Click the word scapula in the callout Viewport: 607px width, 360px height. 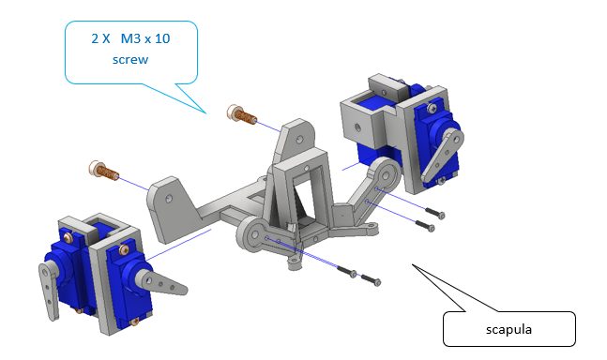(x=508, y=329)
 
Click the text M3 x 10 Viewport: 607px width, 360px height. (x=145, y=38)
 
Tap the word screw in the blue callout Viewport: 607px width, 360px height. (x=130, y=60)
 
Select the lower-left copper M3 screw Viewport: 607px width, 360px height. (x=104, y=171)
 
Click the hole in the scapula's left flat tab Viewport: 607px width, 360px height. (x=168, y=199)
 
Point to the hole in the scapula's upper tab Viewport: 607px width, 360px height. (x=299, y=138)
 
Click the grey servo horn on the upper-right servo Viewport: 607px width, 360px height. (x=443, y=155)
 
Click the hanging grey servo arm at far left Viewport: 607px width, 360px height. (x=49, y=288)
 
